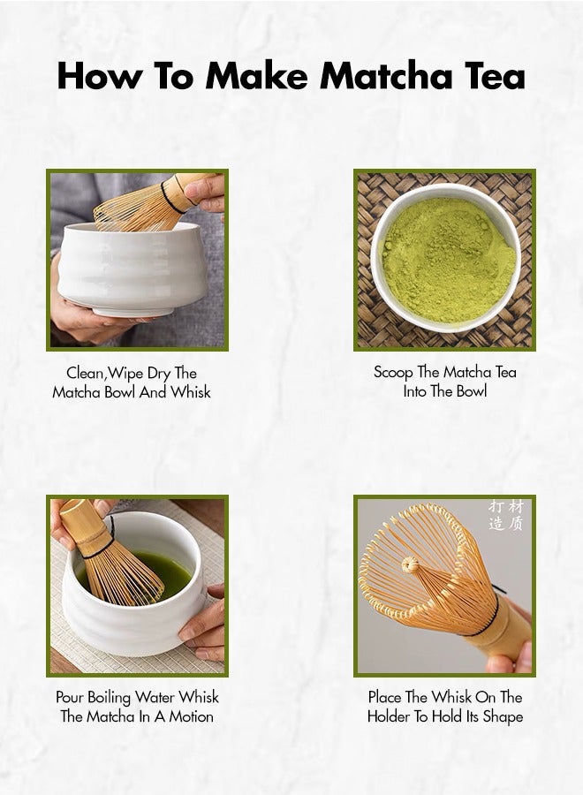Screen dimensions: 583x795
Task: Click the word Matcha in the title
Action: (385, 76)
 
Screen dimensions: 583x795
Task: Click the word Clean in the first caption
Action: (85, 374)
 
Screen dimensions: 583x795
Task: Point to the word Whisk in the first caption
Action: (190, 392)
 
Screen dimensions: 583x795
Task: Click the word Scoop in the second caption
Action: (393, 373)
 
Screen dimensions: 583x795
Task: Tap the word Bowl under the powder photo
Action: (472, 391)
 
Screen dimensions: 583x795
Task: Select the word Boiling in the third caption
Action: (109, 698)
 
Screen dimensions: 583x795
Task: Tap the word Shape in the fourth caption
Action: (503, 717)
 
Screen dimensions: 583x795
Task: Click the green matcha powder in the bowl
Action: (448, 260)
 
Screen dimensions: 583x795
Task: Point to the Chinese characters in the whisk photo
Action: (506, 515)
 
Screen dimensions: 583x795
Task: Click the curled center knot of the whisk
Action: (410, 564)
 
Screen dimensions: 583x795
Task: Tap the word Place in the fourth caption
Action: (384, 697)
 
